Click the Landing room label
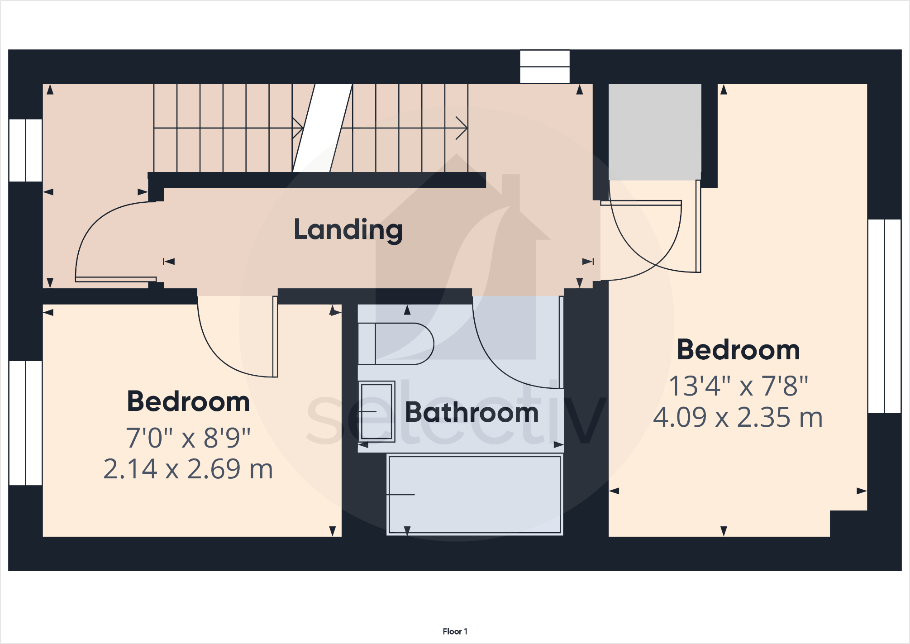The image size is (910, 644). click(x=348, y=229)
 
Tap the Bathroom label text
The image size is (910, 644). click(x=472, y=412)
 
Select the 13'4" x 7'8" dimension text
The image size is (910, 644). click(x=738, y=386)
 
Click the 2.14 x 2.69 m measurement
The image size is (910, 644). click(x=188, y=469)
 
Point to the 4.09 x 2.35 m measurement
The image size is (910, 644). click(x=738, y=417)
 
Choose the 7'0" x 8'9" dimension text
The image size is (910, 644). click(x=188, y=438)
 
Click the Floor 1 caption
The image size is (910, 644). click(x=455, y=631)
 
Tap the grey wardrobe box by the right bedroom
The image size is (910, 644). click(x=654, y=131)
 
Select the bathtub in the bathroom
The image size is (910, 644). click(x=475, y=495)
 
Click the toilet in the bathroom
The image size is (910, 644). click(x=396, y=343)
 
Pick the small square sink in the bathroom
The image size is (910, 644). click(x=376, y=411)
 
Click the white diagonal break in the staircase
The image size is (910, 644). click(x=322, y=128)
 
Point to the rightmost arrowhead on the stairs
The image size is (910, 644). click(x=462, y=128)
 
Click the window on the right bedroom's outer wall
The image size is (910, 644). click(x=884, y=316)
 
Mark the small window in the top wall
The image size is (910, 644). click(x=544, y=67)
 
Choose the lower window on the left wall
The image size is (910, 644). click(x=26, y=423)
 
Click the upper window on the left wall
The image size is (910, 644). click(x=26, y=150)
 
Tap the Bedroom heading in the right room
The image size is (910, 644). click(x=738, y=350)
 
